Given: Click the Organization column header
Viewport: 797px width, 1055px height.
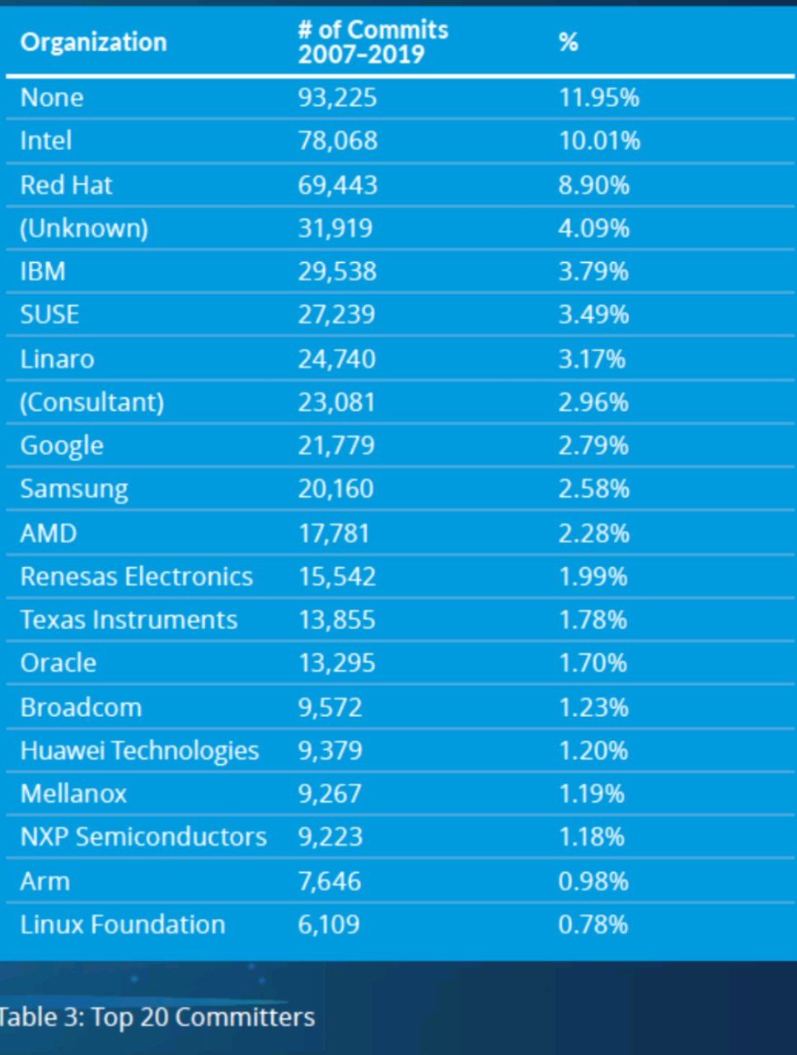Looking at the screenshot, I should click(x=93, y=42).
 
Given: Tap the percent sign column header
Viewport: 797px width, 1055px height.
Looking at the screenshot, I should click(x=568, y=42).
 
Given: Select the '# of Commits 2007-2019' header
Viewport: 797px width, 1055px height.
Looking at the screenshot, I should click(x=373, y=42).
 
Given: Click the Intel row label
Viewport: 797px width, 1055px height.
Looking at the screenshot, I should click(x=46, y=141).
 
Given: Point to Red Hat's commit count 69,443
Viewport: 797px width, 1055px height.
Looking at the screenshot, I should click(x=337, y=185).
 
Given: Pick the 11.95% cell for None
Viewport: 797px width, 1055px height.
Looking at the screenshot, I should click(x=599, y=97).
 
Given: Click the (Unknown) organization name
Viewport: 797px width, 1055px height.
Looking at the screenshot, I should click(x=84, y=228).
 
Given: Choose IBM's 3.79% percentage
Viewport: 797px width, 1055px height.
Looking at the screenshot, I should click(x=593, y=271).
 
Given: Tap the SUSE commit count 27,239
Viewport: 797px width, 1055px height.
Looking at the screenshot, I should click(x=336, y=315).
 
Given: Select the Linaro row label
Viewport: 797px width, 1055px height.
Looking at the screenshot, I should click(x=57, y=359).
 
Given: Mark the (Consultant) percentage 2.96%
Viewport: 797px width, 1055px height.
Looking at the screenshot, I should click(x=593, y=402).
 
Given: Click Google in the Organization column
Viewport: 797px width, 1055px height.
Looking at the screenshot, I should click(x=62, y=446).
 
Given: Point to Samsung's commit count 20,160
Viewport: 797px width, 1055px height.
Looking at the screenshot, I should click(x=335, y=489).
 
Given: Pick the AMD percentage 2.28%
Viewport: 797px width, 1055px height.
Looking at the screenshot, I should click(x=593, y=533).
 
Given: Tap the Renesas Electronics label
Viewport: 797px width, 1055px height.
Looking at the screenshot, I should click(x=137, y=576).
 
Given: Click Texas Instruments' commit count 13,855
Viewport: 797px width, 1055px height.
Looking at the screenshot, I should click(x=336, y=620).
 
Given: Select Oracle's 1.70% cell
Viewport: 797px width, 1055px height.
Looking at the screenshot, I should click(x=593, y=663).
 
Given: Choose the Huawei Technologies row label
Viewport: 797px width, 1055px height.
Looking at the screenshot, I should click(x=139, y=750).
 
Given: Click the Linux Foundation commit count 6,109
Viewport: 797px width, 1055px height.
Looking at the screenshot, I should click(x=329, y=924).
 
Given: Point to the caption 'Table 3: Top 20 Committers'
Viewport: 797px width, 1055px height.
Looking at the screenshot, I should click(x=157, y=1016).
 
